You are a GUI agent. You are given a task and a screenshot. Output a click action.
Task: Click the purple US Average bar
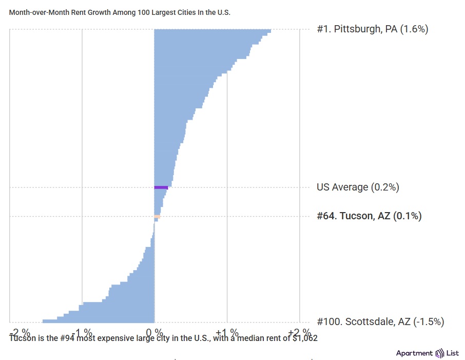pyautogui.click(x=161, y=187)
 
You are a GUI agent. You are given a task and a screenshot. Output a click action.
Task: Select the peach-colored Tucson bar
pyautogui.click(x=158, y=217)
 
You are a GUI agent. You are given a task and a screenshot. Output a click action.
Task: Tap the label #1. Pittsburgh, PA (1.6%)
pyautogui.click(x=372, y=29)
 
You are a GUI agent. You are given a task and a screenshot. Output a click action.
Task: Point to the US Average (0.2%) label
pyautogui.click(x=358, y=187)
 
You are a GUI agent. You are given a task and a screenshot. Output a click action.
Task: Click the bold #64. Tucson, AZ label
pyautogui.click(x=369, y=216)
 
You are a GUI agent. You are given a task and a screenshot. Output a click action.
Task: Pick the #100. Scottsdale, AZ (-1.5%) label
pyautogui.click(x=380, y=322)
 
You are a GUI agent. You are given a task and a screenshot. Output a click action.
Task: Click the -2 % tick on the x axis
pyautogui.click(x=21, y=332)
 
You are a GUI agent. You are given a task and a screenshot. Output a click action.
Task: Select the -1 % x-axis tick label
pyautogui.click(x=82, y=332)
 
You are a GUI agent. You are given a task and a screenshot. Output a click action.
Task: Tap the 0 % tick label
pyautogui.click(x=154, y=332)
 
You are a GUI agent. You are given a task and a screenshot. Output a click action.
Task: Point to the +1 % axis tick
pyautogui.click(x=227, y=332)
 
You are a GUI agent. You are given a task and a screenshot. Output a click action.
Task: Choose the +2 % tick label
pyautogui.click(x=299, y=332)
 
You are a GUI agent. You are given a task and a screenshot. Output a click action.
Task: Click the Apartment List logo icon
pyautogui.click(x=440, y=353)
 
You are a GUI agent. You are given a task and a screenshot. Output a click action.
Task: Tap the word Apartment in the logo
pyautogui.click(x=414, y=353)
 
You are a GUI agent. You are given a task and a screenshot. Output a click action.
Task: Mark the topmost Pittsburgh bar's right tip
pyautogui.click(x=270, y=31)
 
